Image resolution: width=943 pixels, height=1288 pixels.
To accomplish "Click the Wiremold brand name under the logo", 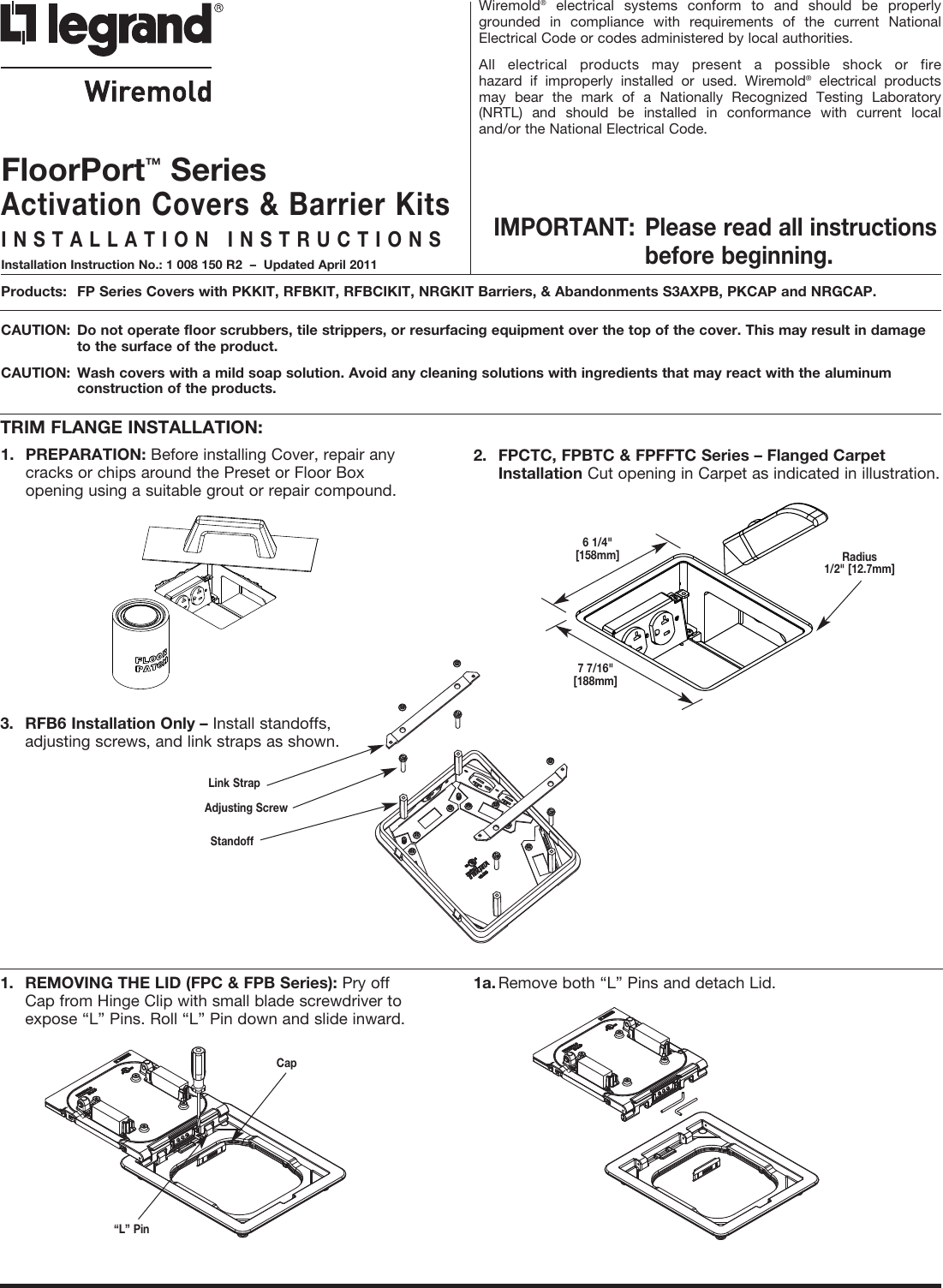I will coord(148,90).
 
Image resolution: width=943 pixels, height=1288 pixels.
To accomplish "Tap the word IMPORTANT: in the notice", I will coord(565,228).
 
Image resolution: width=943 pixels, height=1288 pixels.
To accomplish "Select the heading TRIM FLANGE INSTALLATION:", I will coord(132,426).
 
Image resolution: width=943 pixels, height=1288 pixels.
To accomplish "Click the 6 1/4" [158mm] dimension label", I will coord(597,548).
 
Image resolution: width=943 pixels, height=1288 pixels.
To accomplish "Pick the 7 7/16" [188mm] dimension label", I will coord(595,674).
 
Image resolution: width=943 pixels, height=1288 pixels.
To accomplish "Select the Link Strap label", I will coord(234,783).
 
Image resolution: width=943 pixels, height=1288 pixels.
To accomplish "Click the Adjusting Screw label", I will coord(246,808).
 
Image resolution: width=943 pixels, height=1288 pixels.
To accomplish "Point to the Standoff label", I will coord(232,841).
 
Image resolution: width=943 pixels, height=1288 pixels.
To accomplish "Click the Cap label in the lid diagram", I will coord(286,1063).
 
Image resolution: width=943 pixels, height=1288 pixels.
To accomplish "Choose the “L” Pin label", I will coord(131,1229).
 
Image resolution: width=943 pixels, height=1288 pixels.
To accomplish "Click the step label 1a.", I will coord(485,981).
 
